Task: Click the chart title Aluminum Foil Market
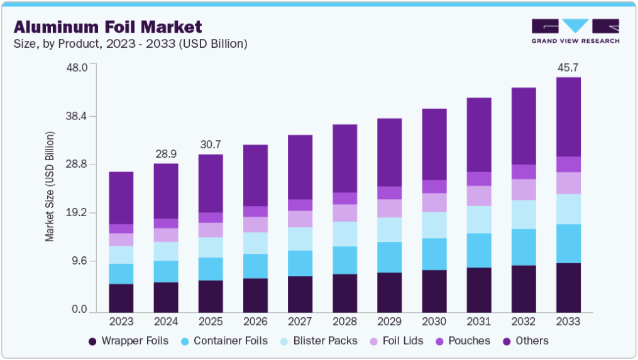(108, 27)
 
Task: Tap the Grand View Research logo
(575, 31)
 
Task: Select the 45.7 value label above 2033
(568, 67)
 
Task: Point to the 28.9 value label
(166, 154)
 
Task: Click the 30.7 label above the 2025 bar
(211, 145)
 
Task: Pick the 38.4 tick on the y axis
(77, 116)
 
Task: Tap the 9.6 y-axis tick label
(80, 261)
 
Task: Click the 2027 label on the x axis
(300, 321)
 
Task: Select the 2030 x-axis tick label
(434, 321)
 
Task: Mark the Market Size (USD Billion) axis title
(50, 187)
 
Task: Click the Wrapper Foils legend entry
(128, 341)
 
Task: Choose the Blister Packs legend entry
(319, 341)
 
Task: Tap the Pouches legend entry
(463, 341)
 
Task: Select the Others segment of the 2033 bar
(568, 117)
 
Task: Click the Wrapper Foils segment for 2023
(121, 298)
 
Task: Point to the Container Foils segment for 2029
(389, 258)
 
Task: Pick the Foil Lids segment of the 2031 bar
(479, 196)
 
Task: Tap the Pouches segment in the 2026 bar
(256, 212)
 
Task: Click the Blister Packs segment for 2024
(166, 251)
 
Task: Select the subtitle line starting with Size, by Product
(130, 43)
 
